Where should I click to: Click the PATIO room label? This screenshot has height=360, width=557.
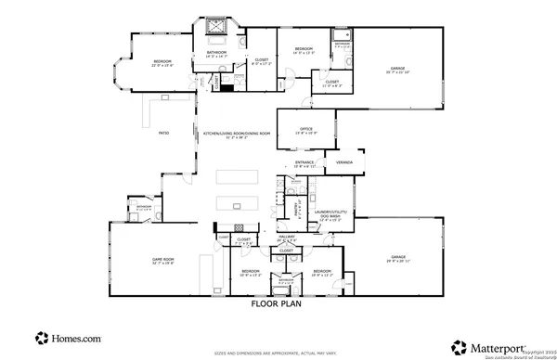(x=163, y=134)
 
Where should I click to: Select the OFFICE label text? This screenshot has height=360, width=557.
(x=305, y=129)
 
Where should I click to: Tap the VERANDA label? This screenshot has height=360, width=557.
(x=344, y=163)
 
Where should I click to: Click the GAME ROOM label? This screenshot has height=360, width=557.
(x=163, y=260)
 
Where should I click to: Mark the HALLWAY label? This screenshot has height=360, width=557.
(x=287, y=238)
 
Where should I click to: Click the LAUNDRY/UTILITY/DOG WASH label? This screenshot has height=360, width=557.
(x=332, y=217)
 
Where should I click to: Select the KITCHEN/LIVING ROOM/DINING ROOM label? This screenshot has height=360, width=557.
(x=237, y=135)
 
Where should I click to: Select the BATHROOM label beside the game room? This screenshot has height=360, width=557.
(x=144, y=206)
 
